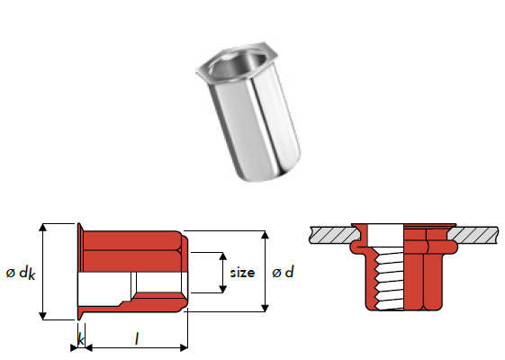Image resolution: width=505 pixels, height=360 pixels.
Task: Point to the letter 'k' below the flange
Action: pyautogui.click(x=81, y=340)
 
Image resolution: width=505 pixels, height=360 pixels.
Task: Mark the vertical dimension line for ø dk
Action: pyautogui.click(x=43, y=270)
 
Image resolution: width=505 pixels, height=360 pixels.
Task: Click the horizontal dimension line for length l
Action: pyautogui.click(x=135, y=348)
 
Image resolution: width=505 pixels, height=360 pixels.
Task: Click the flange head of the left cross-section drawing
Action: pyautogui.click(x=81, y=270)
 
